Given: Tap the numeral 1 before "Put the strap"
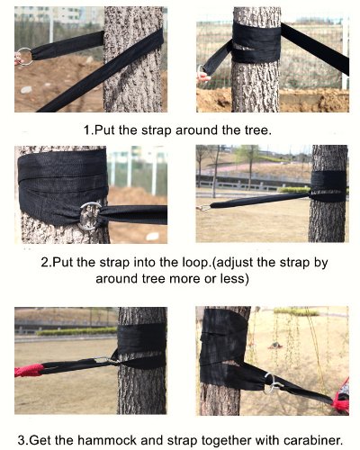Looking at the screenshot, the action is point(87,130).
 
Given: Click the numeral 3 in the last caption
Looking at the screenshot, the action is point(22,440).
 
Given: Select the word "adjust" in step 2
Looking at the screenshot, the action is point(234,263).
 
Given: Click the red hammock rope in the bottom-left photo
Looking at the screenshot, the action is point(29,371).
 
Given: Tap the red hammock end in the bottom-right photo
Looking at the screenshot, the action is point(340,398).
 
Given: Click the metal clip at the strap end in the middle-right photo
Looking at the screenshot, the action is point(202,208).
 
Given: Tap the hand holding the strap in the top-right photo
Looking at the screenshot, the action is point(202,78).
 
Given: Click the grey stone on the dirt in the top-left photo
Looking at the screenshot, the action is point(26,90).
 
